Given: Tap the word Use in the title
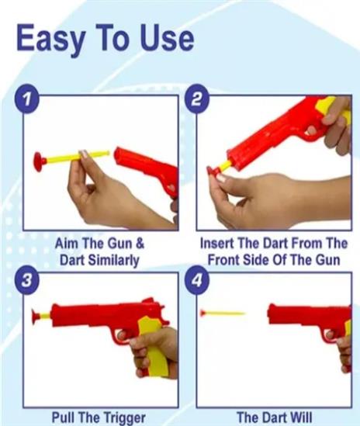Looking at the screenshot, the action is click(167, 37).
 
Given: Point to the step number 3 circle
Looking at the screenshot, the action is click(26, 279).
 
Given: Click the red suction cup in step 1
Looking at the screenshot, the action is click(40, 161).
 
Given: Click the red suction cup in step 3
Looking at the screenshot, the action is click(36, 317).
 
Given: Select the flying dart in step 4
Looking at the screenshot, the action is click(222, 313).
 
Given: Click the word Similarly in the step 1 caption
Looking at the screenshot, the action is click(114, 261).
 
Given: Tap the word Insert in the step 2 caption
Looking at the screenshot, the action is click(217, 243).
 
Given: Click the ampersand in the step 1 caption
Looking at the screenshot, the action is click(140, 243).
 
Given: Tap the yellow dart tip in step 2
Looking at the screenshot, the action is click(226, 165).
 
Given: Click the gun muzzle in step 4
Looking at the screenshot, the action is click(271, 313).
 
